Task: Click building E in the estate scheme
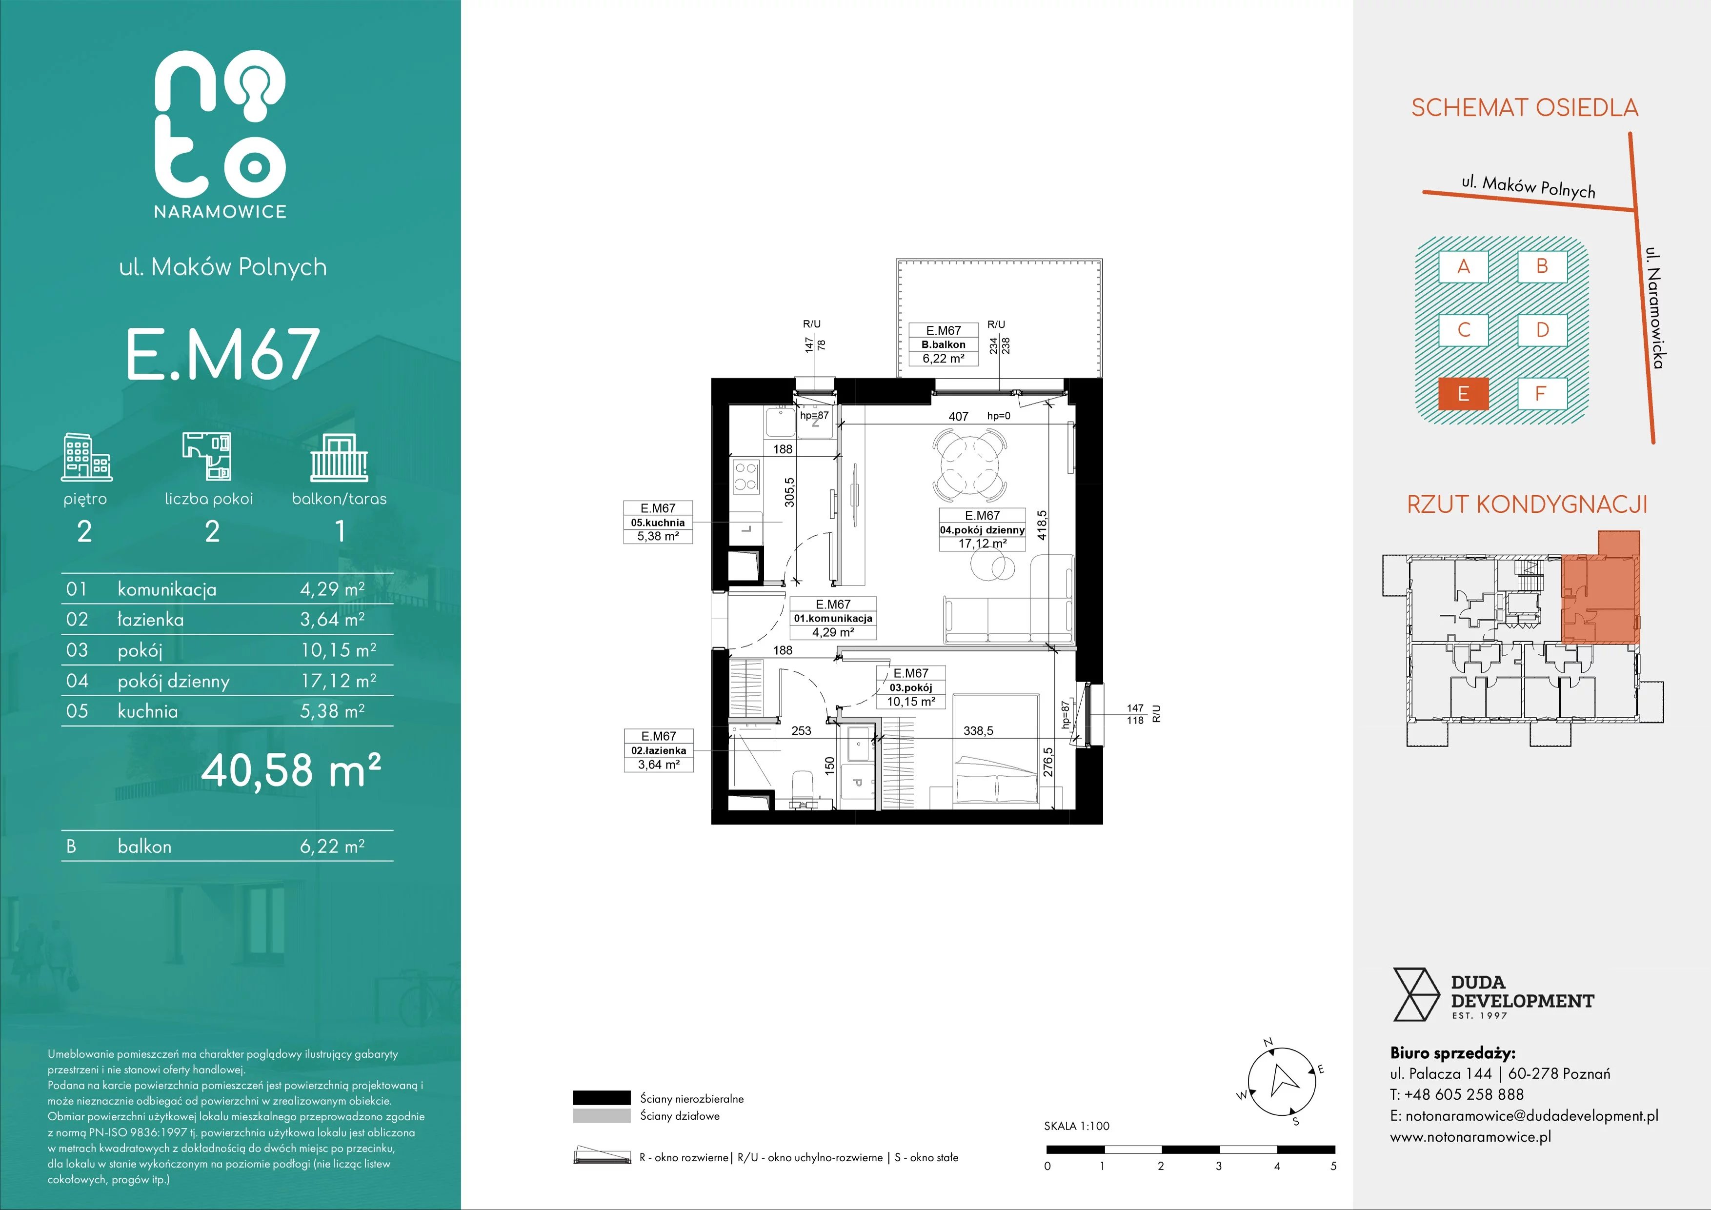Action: (x=1463, y=393)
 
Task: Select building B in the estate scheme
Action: (x=1542, y=266)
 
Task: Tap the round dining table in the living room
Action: (x=969, y=467)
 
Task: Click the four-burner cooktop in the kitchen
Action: (x=746, y=477)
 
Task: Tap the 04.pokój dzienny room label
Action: (x=982, y=530)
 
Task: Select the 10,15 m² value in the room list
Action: (x=338, y=650)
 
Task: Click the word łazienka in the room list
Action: (x=151, y=619)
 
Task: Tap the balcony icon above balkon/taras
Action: (x=339, y=458)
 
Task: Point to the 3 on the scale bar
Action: (x=1218, y=1166)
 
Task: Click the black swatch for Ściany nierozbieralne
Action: (x=602, y=1097)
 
